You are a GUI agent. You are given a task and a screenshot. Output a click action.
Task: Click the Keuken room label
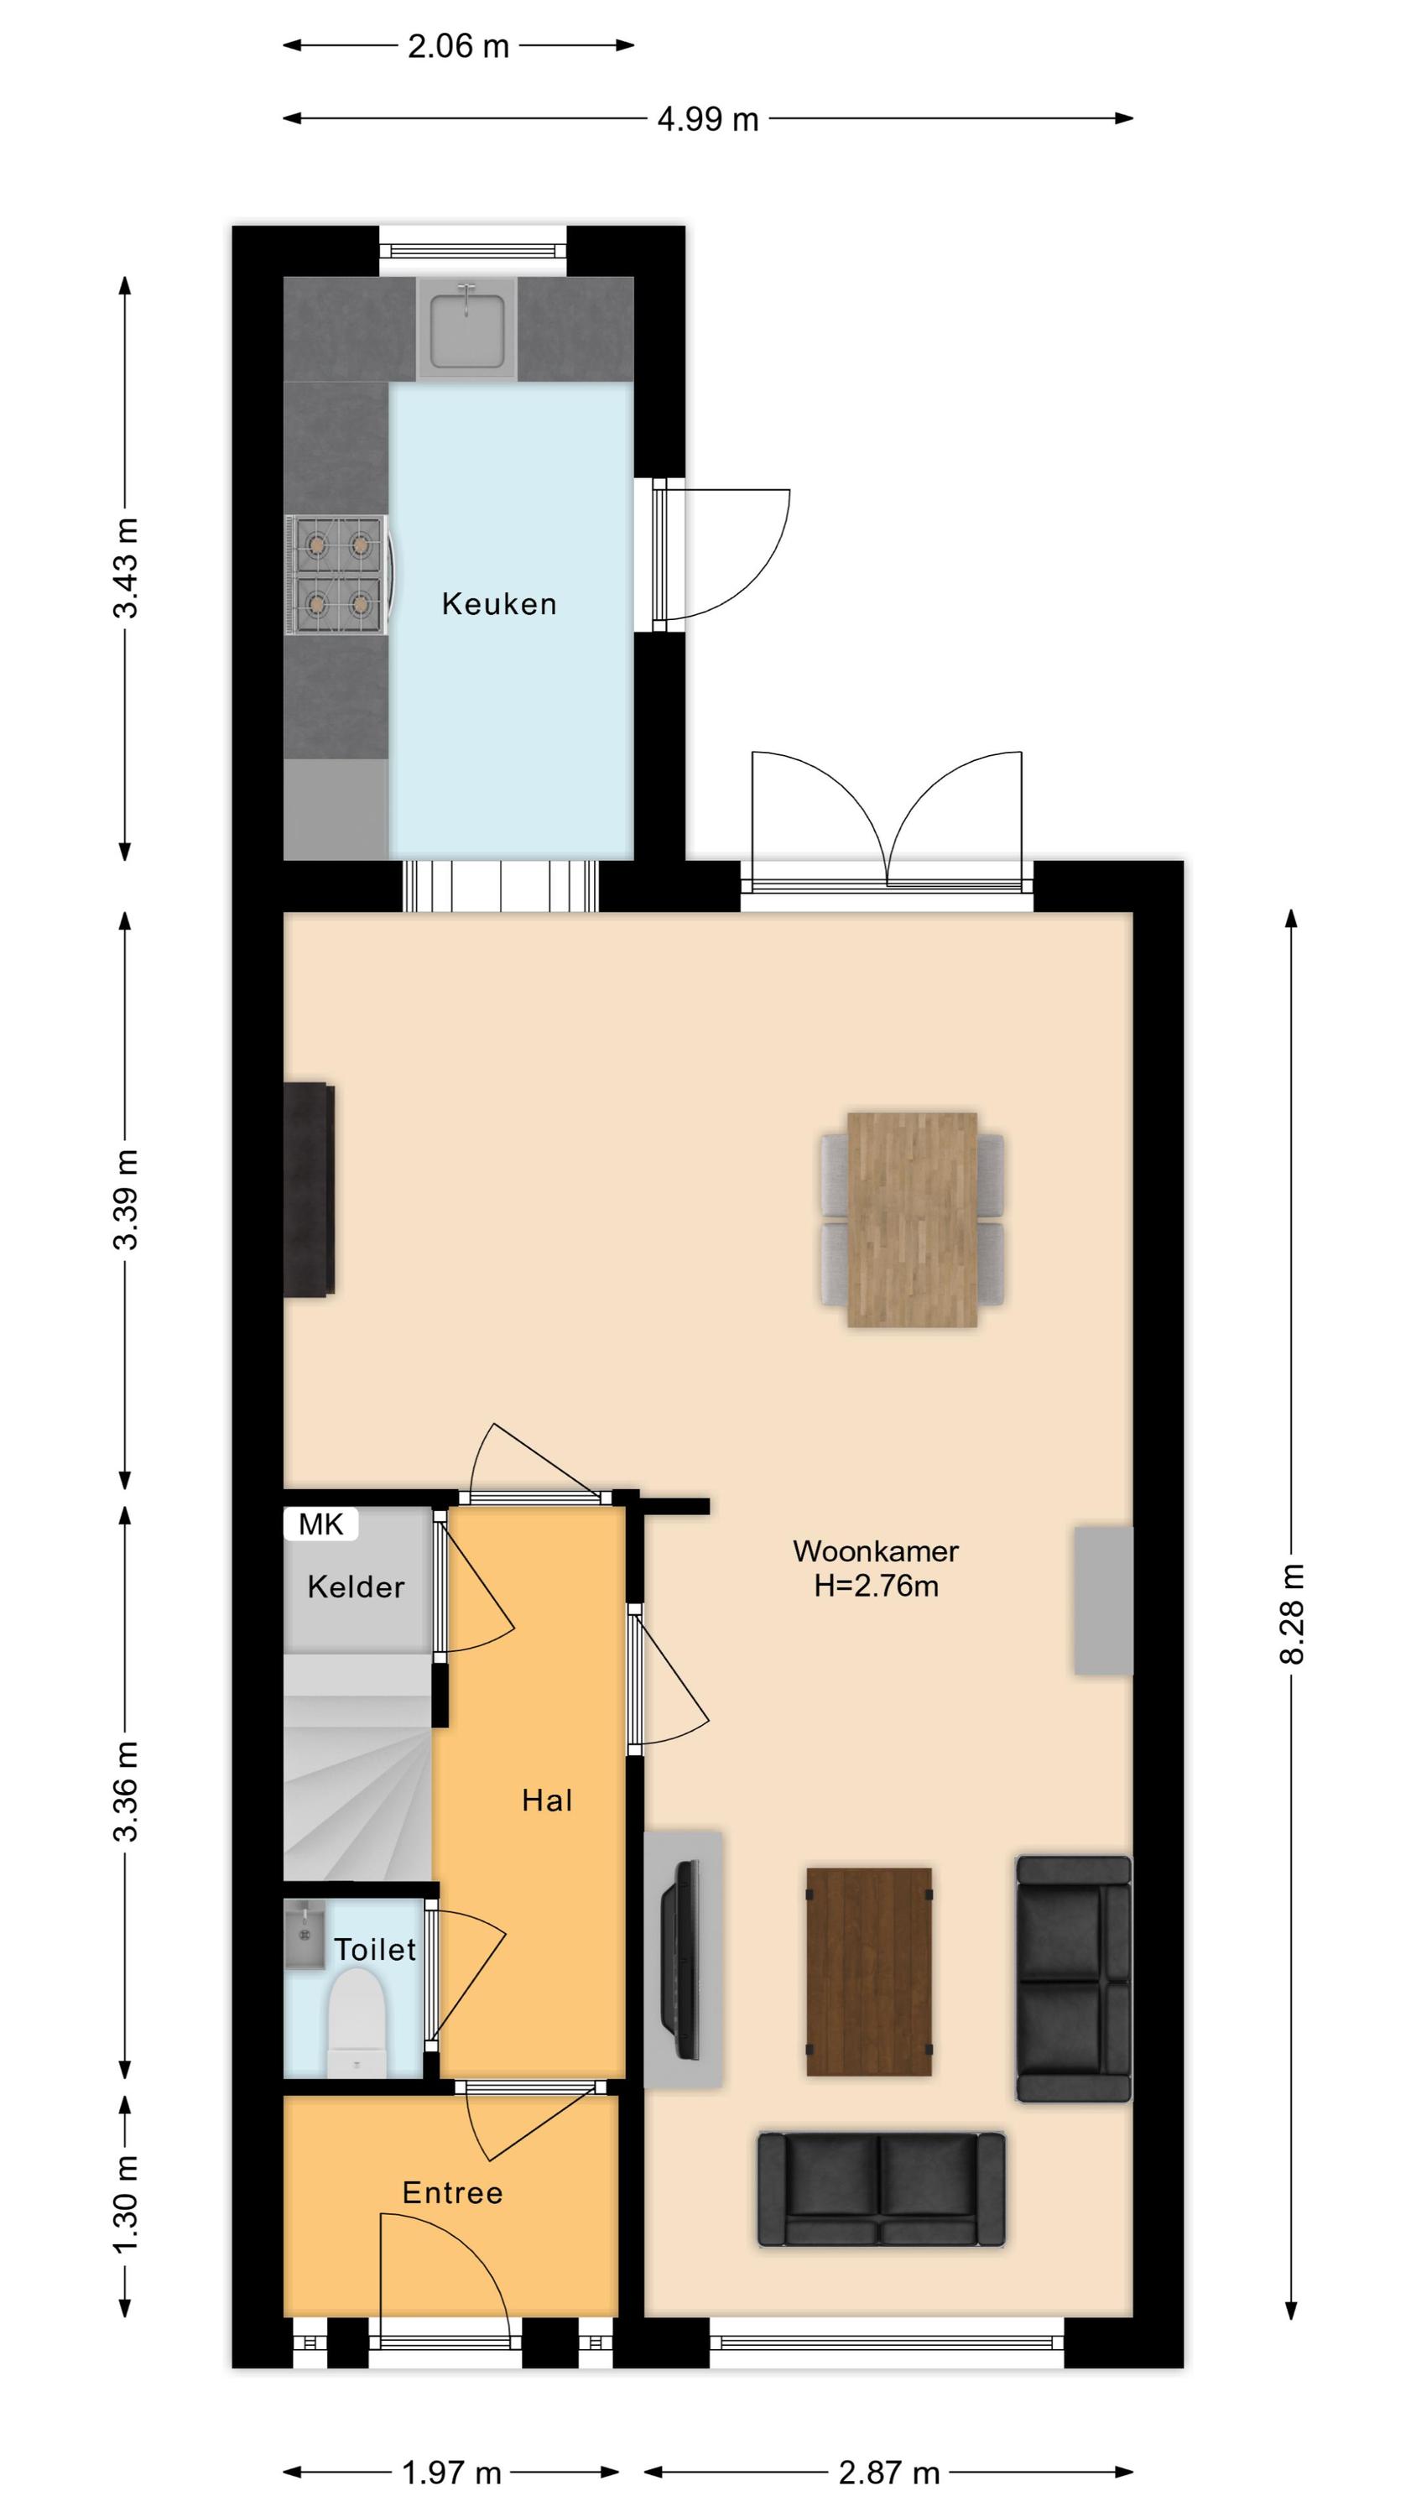click(498, 604)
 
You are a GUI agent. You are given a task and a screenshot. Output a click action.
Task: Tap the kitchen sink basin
click(467, 327)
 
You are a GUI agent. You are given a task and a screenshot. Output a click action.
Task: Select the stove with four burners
click(338, 576)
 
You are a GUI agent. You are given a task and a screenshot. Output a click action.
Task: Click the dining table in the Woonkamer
click(912, 1219)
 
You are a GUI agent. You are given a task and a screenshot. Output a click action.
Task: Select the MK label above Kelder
click(320, 1524)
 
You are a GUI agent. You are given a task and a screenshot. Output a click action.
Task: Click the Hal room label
click(546, 1800)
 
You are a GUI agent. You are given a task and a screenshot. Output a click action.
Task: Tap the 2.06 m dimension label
click(458, 46)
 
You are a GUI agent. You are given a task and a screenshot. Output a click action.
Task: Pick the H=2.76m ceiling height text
click(876, 1585)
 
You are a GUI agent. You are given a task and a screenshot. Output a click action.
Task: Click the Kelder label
click(356, 1587)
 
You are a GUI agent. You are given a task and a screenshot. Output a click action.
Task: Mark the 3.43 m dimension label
click(125, 568)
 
